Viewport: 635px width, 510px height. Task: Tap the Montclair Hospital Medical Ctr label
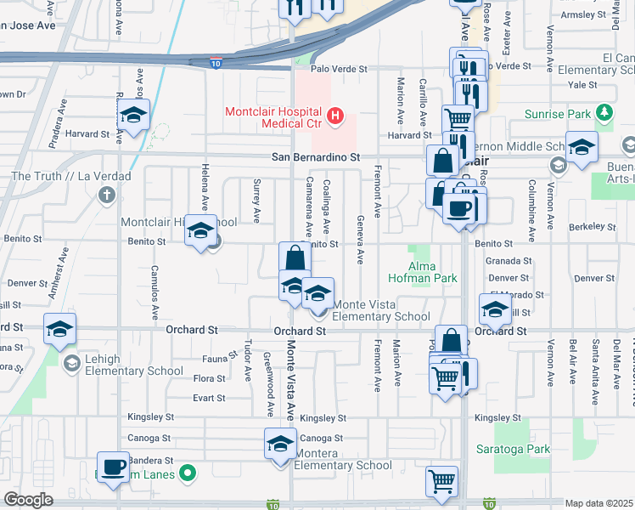276,118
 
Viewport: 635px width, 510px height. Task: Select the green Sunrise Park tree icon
604,113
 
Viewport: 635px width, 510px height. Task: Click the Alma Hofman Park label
423,272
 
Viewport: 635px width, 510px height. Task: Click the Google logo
29,500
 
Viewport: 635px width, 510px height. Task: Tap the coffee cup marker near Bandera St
114,467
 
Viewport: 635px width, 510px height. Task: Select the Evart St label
210,398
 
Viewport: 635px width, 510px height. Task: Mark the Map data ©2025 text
599,503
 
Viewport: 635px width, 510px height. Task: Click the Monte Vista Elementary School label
381,311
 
